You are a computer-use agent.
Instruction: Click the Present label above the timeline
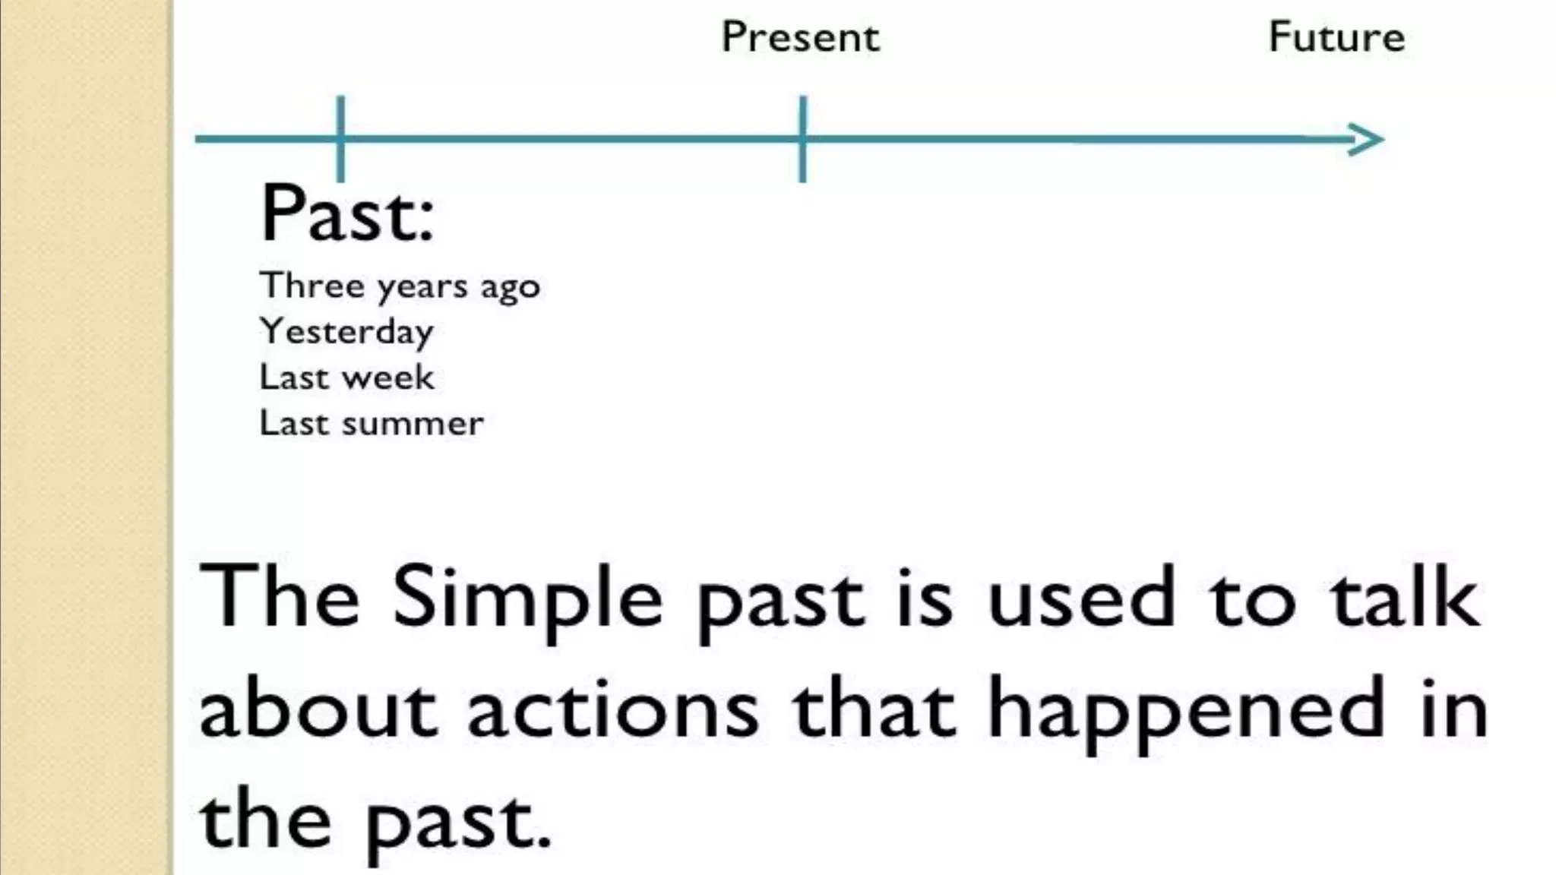pos(800,37)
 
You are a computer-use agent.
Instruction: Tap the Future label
pos(1336,37)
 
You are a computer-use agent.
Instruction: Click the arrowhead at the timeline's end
pos(1368,140)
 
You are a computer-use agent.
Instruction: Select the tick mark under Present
pos(802,139)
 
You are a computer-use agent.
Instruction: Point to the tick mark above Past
pos(340,139)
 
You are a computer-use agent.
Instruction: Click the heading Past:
pos(347,214)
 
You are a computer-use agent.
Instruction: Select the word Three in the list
pos(312,286)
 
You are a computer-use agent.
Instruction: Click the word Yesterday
pos(346,332)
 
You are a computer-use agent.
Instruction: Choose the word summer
pos(413,424)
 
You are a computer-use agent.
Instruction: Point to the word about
pos(318,710)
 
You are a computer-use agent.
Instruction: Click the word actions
pos(612,710)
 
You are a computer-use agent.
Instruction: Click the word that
pos(873,710)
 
